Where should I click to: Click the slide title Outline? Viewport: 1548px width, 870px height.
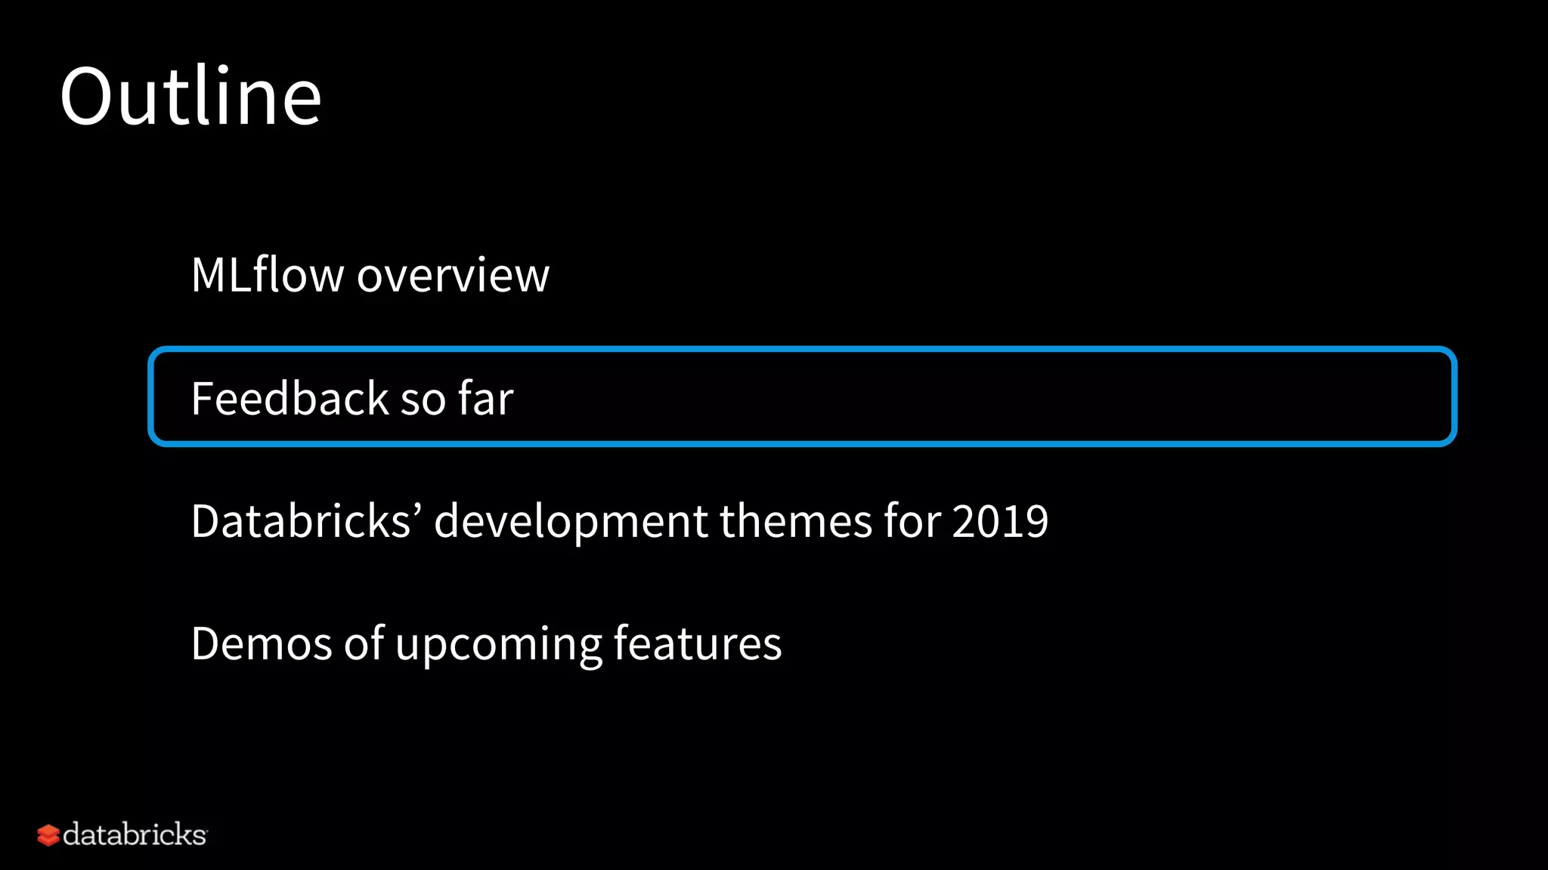(190, 97)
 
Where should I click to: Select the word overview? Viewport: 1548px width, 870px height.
(453, 276)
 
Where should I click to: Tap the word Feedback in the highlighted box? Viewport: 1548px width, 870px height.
(289, 398)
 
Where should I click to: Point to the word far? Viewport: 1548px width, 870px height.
(485, 398)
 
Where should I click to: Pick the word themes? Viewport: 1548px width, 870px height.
(795, 521)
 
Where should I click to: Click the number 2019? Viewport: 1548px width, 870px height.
(1000, 521)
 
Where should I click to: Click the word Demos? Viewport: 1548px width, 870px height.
(262, 644)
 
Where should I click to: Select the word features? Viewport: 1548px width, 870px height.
(697, 644)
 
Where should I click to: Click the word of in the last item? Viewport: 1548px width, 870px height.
(364, 644)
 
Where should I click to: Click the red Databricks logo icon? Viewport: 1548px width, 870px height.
(48, 835)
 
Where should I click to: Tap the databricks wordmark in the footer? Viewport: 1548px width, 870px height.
(135, 835)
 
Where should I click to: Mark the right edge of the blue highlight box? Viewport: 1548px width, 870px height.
(1453, 396)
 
